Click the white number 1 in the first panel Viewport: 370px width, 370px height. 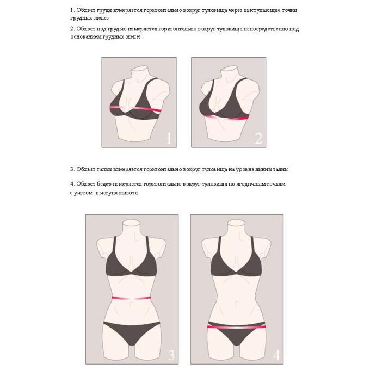[x=169, y=138]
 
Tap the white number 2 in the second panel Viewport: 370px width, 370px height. [x=258, y=138]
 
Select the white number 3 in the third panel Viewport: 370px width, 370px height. [x=171, y=355]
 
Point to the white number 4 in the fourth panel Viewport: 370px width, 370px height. [x=276, y=355]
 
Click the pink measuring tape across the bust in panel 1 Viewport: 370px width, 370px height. [x=135, y=108]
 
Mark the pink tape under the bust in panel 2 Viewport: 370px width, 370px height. [x=226, y=118]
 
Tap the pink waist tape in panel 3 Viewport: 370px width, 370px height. [x=131, y=298]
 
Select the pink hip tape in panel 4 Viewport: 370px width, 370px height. [x=237, y=327]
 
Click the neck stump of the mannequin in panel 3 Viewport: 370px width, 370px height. [x=132, y=227]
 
